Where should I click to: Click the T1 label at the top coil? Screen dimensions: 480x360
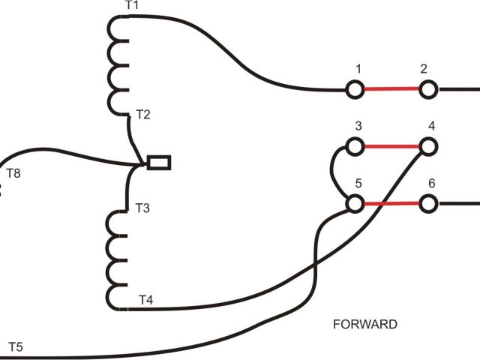[132, 6]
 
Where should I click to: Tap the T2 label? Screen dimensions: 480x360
[142, 115]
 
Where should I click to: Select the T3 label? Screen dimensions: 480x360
[142, 208]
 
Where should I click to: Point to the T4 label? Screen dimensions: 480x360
[146, 300]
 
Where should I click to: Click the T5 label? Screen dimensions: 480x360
[15, 346]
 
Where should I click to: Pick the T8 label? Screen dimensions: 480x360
[13, 174]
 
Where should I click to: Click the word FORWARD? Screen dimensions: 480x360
[364, 325]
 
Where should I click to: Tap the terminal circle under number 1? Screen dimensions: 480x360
[355, 90]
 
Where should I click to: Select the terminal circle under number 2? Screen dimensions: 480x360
[427, 90]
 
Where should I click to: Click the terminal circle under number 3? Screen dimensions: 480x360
[355, 145]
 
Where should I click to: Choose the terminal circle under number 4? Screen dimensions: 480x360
[427, 145]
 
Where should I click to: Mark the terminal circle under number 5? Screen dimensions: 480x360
[355, 203]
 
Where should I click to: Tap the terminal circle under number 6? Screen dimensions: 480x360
[427, 203]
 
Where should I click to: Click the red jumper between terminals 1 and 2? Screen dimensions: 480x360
[391, 90]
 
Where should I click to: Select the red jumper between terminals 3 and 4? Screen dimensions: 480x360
[391, 145]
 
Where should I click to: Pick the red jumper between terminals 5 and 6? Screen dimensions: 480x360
[391, 203]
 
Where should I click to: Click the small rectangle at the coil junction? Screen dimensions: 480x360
[159, 162]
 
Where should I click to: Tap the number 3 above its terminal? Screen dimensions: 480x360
[358, 124]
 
